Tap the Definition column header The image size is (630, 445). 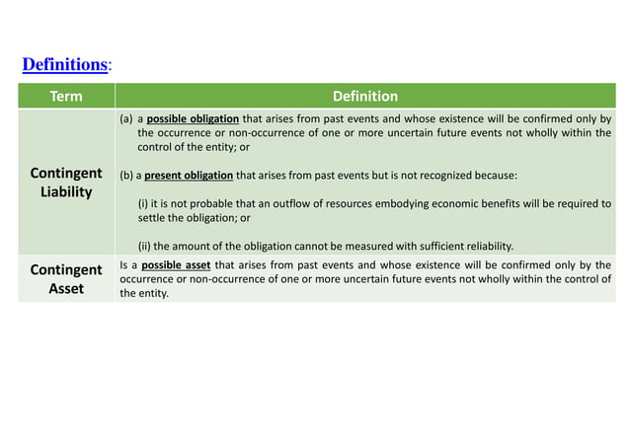click(x=365, y=97)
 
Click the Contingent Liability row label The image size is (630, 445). click(x=66, y=183)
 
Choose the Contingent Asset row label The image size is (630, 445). click(x=66, y=279)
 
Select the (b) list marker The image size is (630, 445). click(x=126, y=176)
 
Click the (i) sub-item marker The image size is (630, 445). click(x=144, y=204)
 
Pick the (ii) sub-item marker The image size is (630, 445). click(x=145, y=246)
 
